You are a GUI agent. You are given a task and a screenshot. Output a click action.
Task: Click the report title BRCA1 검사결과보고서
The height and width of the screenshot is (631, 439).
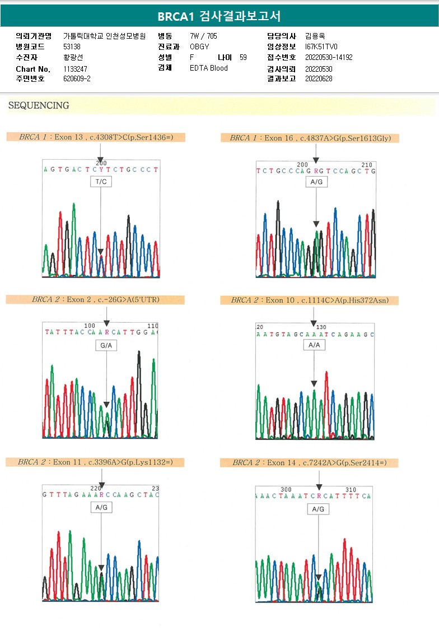(x=219, y=16)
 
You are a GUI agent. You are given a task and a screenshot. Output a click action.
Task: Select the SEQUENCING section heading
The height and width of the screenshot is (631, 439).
(x=39, y=105)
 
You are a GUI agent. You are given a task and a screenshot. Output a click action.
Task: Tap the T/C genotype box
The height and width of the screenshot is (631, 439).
(x=101, y=182)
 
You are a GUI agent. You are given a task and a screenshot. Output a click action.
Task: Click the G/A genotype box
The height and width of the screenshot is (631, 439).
(x=106, y=346)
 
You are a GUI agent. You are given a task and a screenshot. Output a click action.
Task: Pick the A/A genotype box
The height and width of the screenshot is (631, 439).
(x=314, y=345)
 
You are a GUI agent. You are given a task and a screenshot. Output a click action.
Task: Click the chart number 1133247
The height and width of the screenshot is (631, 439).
(x=75, y=69)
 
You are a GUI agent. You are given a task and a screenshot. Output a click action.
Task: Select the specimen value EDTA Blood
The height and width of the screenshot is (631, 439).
(x=209, y=68)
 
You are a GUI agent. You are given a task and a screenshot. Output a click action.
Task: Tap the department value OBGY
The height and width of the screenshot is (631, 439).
(x=199, y=47)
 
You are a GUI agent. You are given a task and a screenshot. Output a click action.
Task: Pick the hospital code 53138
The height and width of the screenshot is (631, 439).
(x=72, y=47)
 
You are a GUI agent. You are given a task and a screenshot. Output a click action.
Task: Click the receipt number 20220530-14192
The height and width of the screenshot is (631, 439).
(x=329, y=57)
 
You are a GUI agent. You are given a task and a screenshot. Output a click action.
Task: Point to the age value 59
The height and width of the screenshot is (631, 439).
(x=243, y=57)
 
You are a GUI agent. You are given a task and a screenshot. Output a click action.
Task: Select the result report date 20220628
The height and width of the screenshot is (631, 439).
(x=319, y=78)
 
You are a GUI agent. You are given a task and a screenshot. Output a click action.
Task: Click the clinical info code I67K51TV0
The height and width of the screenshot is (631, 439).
(x=321, y=47)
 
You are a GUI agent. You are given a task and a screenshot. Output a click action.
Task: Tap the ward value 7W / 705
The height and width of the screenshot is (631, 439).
(x=204, y=36)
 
